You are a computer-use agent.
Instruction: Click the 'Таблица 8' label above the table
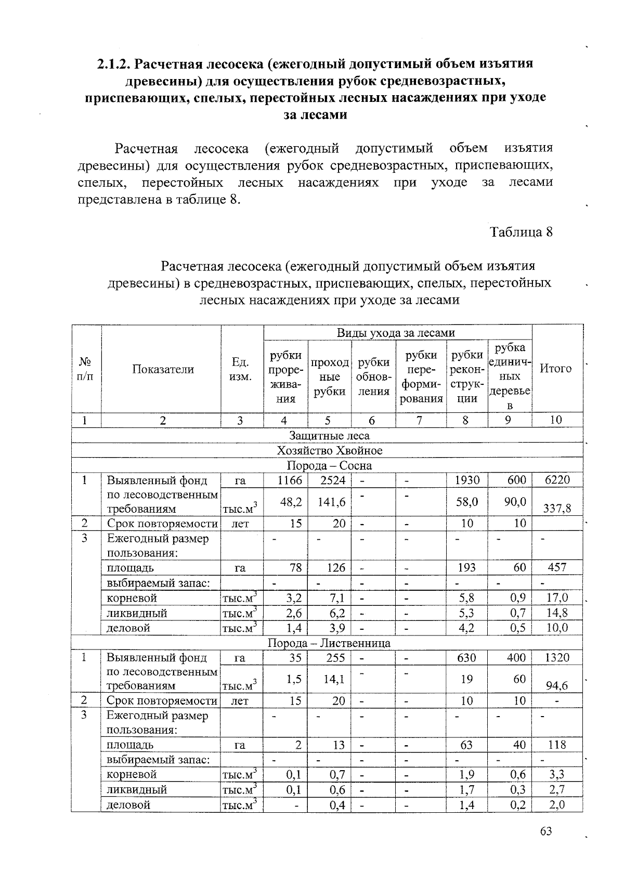[521, 231]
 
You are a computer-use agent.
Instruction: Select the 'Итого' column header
[556, 369]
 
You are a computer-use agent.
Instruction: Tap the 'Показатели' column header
[163, 369]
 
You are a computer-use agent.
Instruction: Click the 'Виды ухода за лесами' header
[396, 333]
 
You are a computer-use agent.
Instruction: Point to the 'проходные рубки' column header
[329, 377]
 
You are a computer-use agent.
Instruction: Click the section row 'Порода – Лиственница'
[329, 643]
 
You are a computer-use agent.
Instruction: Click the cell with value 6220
[557, 480]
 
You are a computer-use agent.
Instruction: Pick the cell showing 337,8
[557, 508]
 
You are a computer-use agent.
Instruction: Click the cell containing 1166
[290, 480]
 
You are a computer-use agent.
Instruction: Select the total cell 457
[557, 567]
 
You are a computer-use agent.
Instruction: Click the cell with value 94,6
[557, 686]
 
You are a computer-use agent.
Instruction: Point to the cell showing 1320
[557, 658]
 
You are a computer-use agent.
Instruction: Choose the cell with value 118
[557, 745]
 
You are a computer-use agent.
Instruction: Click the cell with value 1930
[466, 480]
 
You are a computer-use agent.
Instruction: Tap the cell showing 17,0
[557, 598]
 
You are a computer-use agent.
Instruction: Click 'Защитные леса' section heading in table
[329, 436]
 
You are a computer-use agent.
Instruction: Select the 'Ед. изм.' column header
[240, 369]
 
